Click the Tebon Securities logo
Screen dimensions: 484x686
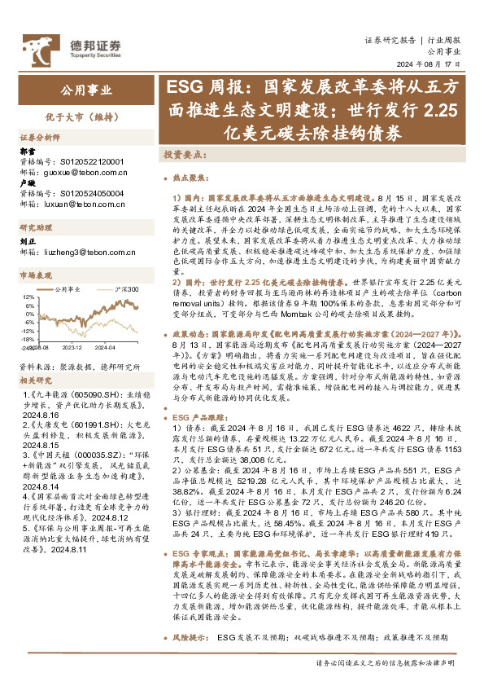[x=81, y=46]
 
